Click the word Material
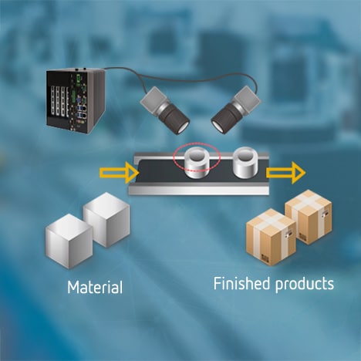point(94,288)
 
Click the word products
point(305,285)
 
